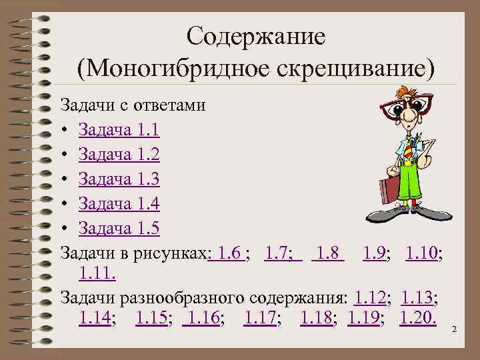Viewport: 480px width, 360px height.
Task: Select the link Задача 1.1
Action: coord(118,129)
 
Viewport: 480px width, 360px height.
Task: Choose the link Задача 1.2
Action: coord(118,154)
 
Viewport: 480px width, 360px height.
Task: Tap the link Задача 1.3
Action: coord(118,179)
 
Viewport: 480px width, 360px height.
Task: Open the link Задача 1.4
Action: coord(118,203)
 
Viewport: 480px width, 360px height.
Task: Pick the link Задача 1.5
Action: coord(118,228)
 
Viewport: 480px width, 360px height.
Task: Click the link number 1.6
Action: coord(229,253)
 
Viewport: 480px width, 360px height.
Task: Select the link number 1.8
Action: coord(329,253)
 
